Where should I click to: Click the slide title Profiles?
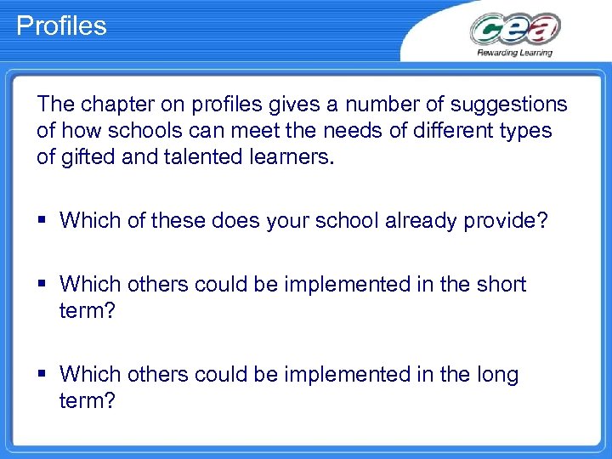click(61, 26)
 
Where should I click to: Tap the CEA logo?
click(514, 30)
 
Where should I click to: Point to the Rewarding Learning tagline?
click(514, 53)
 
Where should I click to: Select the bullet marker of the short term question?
click(43, 285)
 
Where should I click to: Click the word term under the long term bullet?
click(87, 400)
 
